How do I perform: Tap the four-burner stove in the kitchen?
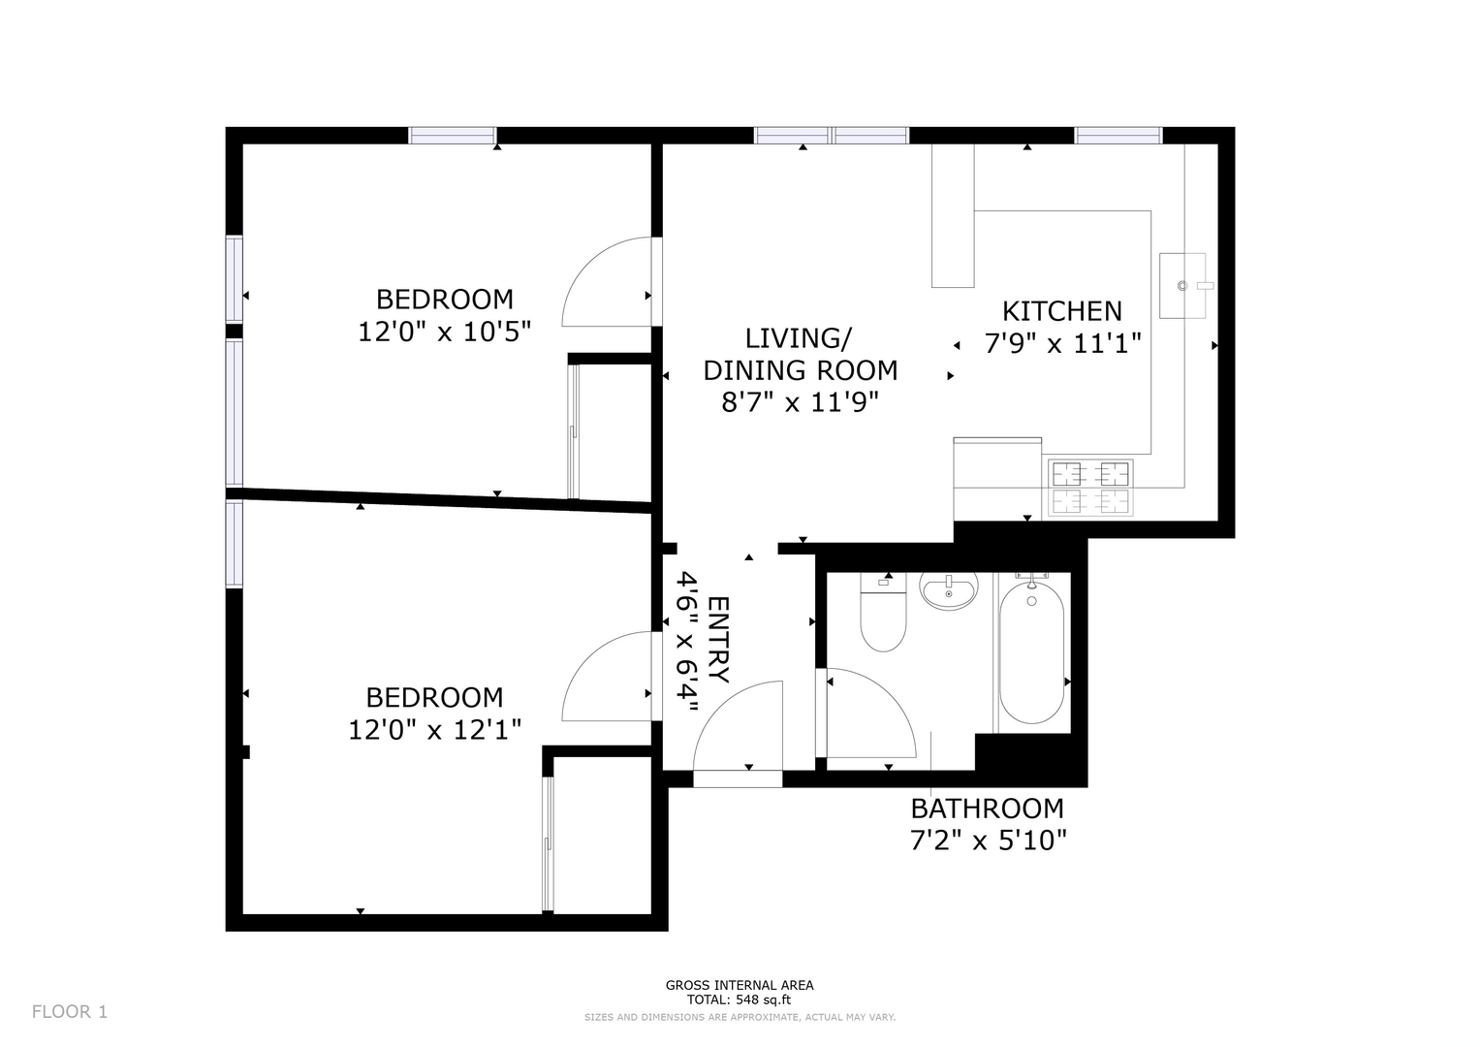1090,488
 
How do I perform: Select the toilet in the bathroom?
883,612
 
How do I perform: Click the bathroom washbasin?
949,591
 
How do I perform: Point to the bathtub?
1031,651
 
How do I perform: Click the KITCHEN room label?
1061,311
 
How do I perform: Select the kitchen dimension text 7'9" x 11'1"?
1062,344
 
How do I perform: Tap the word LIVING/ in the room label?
798,338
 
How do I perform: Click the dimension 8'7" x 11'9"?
801,402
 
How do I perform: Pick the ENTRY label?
718,640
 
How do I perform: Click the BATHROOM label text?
987,809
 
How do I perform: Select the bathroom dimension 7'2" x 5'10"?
989,841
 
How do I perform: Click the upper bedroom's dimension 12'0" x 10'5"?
445,332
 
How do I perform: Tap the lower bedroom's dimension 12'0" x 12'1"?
435,730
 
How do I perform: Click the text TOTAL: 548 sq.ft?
740,999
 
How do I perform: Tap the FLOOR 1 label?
70,1011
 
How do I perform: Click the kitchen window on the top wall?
1118,136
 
